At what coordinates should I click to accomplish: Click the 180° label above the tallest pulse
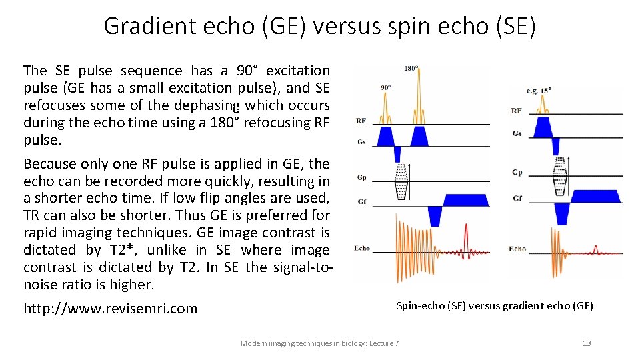click(x=411, y=68)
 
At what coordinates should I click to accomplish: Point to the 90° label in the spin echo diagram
click(x=386, y=87)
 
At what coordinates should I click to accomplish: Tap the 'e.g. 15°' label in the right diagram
click(x=539, y=90)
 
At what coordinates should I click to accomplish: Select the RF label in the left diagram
click(x=361, y=121)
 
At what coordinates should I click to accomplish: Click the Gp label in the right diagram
click(x=517, y=173)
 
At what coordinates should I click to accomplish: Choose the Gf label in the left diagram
click(x=361, y=201)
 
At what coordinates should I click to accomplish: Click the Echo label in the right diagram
click(x=517, y=249)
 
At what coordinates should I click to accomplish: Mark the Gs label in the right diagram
click(x=517, y=133)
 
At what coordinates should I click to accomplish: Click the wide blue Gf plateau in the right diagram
click(x=595, y=196)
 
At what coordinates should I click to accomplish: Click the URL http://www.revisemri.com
click(x=111, y=309)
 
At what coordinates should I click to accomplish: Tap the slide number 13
click(x=587, y=343)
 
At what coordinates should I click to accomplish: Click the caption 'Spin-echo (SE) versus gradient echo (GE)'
click(x=495, y=306)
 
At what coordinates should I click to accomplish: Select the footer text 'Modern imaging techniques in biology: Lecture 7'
click(x=319, y=343)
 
